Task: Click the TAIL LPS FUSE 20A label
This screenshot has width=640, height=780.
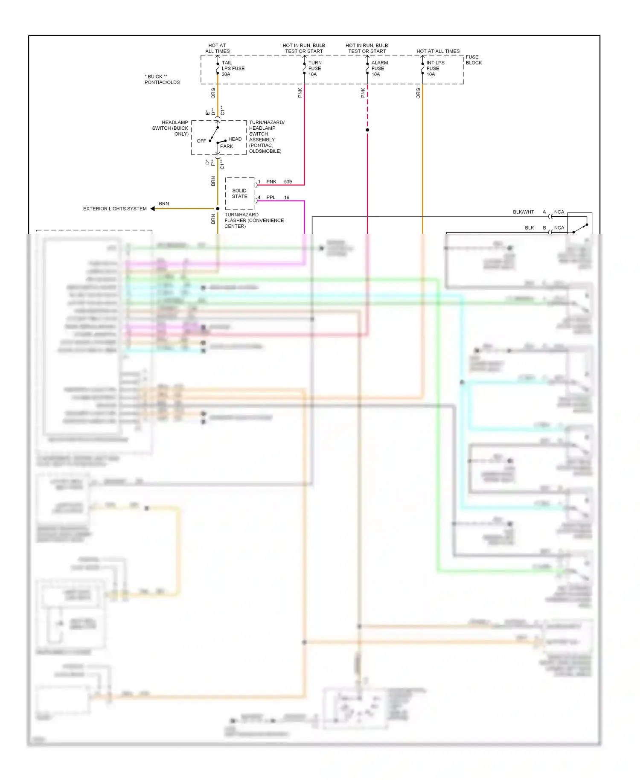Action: [233, 68]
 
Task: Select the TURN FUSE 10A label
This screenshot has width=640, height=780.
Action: [315, 68]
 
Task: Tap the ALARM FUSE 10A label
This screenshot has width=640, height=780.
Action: [379, 68]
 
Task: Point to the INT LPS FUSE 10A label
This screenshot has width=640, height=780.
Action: [435, 68]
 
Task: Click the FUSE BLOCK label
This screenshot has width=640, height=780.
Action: [473, 60]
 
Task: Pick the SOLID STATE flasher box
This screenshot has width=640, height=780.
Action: [239, 193]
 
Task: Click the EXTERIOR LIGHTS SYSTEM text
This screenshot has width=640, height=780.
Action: [115, 209]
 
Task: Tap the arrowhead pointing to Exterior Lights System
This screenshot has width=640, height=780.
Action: [153, 209]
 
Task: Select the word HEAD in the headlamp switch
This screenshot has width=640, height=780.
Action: [235, 139]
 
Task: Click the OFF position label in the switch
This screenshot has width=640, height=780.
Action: [201, 141]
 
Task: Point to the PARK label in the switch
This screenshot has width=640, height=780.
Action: [227, 146]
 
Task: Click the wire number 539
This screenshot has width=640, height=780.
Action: [288, 182]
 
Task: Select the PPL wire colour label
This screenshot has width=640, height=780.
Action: [271, 198]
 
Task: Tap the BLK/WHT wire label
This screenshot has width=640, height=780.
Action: [523, 212]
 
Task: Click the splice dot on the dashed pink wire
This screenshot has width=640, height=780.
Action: [367, 130]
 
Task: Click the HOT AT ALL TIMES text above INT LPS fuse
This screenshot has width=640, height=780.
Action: [438, 51]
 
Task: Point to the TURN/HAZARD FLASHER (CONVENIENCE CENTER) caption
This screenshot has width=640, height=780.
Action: [254, 221]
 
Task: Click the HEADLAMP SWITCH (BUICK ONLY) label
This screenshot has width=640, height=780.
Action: [170, 128]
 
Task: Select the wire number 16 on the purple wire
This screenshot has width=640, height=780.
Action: [287, 198]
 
